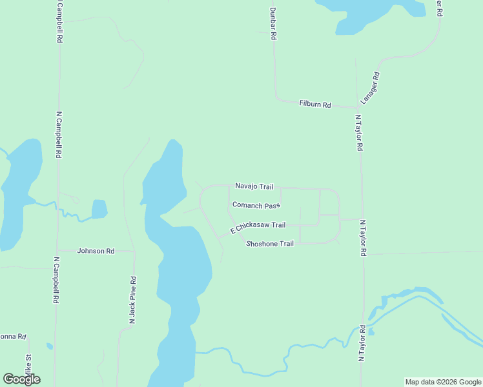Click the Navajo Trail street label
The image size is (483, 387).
pos(254,186)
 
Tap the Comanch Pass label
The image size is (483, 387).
pos(256,206)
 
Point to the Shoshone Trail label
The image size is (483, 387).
pos(270,244)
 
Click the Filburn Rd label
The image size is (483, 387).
pos(315,104)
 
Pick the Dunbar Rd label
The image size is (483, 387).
pos(273,24)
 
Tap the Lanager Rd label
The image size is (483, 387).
pos(369,88)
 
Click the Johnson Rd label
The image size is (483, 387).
pos(96,250)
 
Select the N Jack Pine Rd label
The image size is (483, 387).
pos(132,300)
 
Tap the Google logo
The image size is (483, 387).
pos(21,379)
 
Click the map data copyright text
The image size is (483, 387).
pos(443,382)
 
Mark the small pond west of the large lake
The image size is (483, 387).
pos(99,208)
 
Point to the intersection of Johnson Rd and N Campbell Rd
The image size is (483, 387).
pos(57,250)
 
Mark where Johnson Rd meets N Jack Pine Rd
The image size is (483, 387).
pos(134,251)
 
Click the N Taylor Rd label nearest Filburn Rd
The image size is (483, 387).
pos(359,132)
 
